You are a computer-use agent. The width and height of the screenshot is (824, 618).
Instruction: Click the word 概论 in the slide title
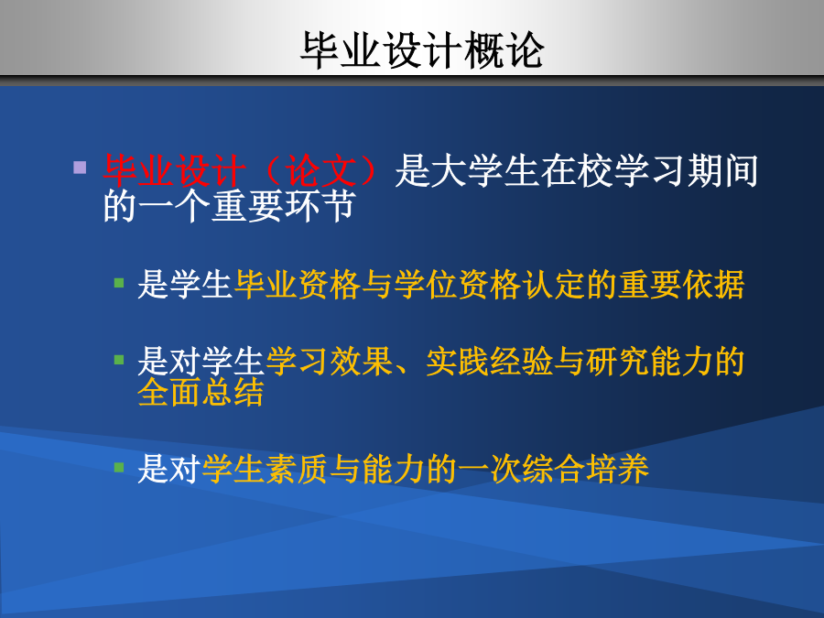click(504, 50)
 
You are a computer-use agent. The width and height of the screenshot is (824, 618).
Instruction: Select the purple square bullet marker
click(80, 168)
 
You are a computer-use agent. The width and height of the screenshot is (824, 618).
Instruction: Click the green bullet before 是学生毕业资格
click(119, 283)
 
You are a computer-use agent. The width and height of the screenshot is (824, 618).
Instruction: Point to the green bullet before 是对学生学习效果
click(119, 360)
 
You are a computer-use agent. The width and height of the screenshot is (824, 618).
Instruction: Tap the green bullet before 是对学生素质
click(119, 467)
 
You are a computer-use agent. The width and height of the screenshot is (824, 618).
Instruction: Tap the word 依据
click(713, 285)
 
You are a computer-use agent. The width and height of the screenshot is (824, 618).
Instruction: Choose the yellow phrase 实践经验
click(489, 362)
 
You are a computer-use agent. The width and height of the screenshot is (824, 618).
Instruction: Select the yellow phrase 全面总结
click(201, 392)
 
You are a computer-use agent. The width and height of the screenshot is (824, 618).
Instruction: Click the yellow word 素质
click(297, 469)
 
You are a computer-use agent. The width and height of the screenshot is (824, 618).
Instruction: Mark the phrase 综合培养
click(585, 469)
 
